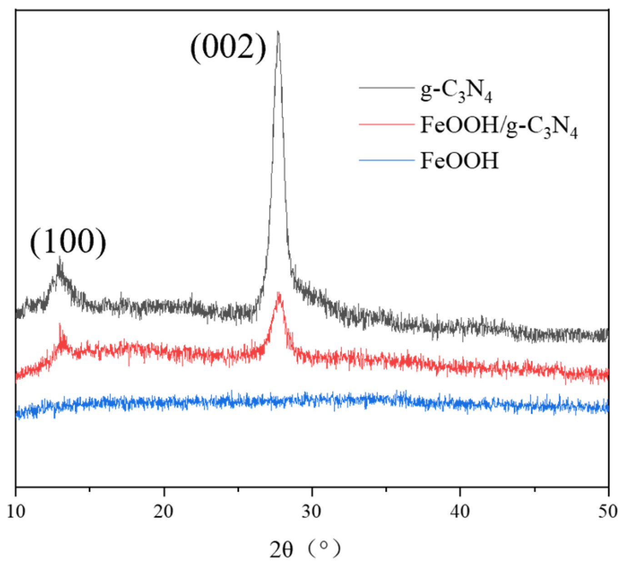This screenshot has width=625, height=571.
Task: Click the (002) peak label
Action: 228,47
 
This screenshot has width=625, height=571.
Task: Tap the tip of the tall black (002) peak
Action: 278,32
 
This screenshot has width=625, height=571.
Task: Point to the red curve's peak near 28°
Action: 279,294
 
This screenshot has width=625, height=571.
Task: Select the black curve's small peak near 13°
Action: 60,258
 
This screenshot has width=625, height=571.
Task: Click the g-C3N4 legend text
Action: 456,91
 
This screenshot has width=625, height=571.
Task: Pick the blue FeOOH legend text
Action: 459,161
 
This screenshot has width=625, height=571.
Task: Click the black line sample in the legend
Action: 387,87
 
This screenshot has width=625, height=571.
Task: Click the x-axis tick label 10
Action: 16,511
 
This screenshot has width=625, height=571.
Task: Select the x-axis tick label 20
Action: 164,511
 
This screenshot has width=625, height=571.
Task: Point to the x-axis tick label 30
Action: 312,511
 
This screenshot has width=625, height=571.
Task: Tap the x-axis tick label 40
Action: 460,511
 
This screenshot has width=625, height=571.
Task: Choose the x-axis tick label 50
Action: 608,511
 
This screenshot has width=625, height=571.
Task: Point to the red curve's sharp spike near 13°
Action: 60,325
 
